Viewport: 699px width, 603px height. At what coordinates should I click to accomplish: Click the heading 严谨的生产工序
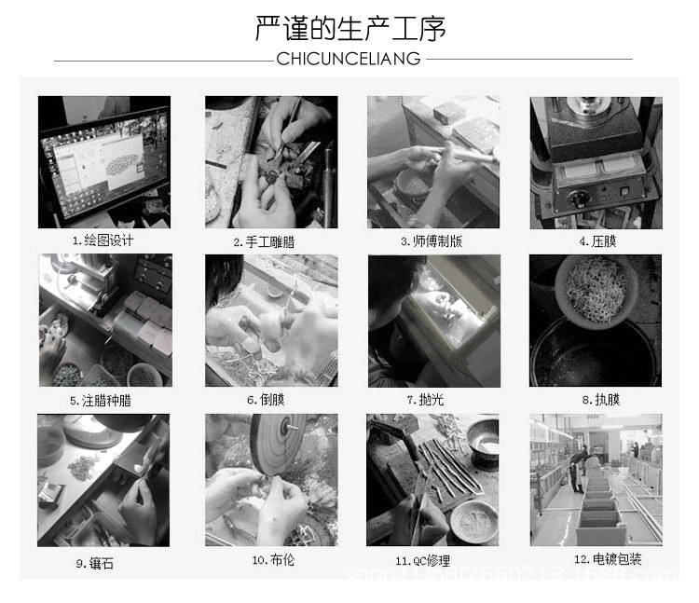pyautogui.click(x=349, y=28)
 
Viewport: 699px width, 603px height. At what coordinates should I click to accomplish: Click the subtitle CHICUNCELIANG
pyautogui.click(x=349, y=60)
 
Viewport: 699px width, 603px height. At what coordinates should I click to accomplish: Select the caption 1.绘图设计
pyautogui.click(x=103, y=240)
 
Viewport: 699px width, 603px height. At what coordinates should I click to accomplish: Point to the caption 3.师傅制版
pyautogui.click(x=432, y=241)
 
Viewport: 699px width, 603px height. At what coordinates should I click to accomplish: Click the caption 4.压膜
pyautogui.click(x=597, y=241)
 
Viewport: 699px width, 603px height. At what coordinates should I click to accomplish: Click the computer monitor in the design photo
pyautogui.click(x=103, y=160)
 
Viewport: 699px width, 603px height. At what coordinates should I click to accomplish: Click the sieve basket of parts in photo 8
pyautogui.click(x=596, y=287)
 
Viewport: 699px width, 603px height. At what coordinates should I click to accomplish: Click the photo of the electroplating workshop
pyautogui.click(x=596, y=480)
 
